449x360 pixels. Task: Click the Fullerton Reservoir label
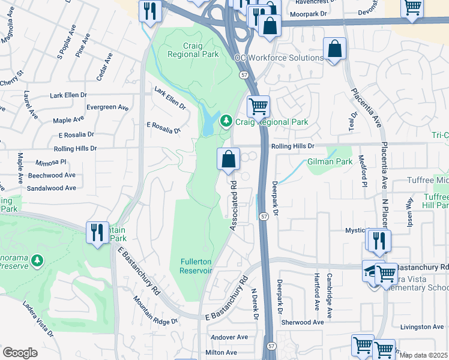pos(196,265)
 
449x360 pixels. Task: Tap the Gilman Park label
pos(330,162)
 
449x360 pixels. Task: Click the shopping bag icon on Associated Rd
pos(228,160)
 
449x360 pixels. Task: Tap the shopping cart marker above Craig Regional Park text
pos(258,107)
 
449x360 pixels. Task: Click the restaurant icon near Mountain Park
pos(97,232)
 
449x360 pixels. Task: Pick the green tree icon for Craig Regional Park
pos(226,122)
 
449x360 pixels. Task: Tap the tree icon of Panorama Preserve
pos(37,260)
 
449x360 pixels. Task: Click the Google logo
pos(20,352)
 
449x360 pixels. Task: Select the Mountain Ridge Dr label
pos(156,311)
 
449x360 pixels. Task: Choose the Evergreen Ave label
pos(107,107)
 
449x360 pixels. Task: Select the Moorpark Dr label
pos(309,13)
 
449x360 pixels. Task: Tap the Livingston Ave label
pos(423,327)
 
